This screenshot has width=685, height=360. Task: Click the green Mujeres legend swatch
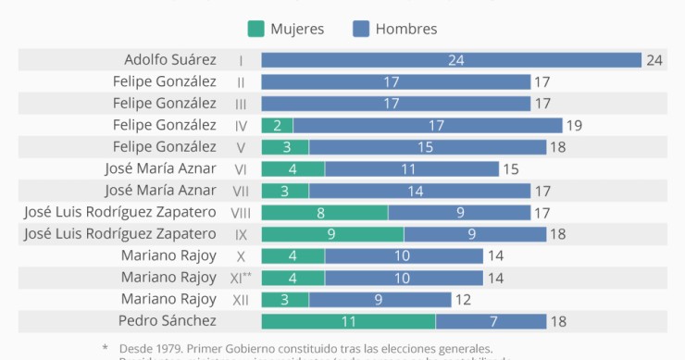click(x=255, y=29)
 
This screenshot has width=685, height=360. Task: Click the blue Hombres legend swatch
click(x=361, y=29)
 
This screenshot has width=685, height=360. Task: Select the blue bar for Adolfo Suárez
click(x=451, y=60)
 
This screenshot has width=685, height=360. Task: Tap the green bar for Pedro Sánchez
click(x=348, y=321)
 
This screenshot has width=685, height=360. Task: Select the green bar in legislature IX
click(x=332, y=234)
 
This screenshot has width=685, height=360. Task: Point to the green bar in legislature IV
click(x=277, y=125)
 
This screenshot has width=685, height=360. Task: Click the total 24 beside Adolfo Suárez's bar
click(x=654, y=60)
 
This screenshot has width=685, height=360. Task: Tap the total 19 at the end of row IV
click(x=574, y=125)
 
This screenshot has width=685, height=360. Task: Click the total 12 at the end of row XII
click(x=464, y=299)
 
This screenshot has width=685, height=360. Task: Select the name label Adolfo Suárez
click(x=170, y=59)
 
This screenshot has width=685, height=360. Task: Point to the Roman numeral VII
click(x=241, y=191)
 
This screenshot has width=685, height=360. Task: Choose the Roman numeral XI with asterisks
click(x=242, y=277)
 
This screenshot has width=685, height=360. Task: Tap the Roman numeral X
click(x=241, y=255)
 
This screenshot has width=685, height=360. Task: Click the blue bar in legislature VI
click(x=408, y=168)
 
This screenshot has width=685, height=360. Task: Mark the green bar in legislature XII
click(x=285, y=299)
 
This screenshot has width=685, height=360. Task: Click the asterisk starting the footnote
click(x=105, y=349)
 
